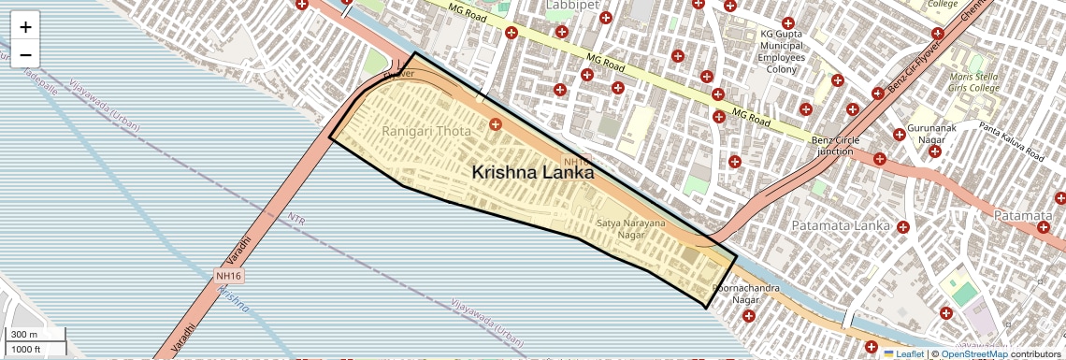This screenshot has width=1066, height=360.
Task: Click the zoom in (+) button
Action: click(x=25, y=27)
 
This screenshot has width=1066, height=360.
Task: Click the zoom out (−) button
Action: click(x=25, y=55)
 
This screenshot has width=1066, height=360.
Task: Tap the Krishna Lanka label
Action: click(x=532, y=172)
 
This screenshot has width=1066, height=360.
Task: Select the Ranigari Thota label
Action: click(x=426, y=132)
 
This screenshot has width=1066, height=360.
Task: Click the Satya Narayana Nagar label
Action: click(x=631, y=229)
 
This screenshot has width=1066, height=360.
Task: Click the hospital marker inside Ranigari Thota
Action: click(x=495, y=123)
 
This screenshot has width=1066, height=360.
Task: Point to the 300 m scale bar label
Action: click(x=24, y=335)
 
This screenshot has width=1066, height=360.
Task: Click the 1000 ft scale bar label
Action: click(x=26, y=349)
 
